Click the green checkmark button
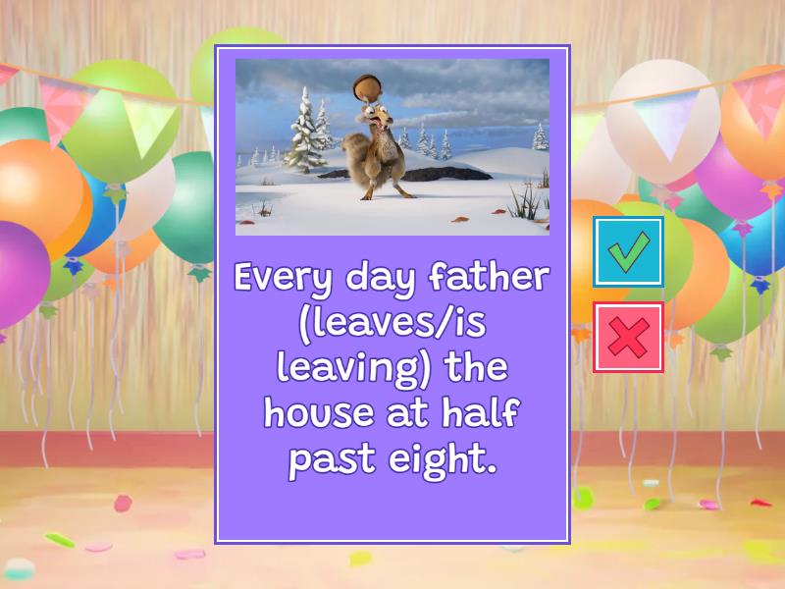point(628,252)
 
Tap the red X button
point(628,338)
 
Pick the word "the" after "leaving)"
point(475,369)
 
